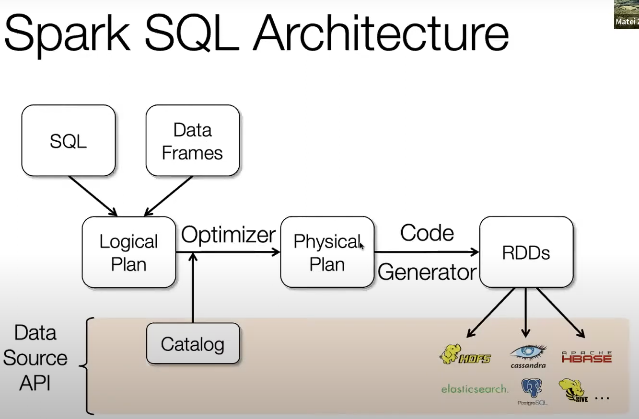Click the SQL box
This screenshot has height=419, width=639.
click(x=69, y=140)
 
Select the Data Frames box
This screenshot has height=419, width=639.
click(x=193, y=140)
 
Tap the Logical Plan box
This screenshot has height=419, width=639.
click(x=128, y=252)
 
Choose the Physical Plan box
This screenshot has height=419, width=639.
click(x=327, y=252)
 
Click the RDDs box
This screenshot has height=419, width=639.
click(x=526, y=252)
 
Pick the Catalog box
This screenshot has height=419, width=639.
click(x=193, y=343)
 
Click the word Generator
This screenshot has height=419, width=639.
click(x=427, y=272)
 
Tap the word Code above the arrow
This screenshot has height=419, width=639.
click(x=427, y=233)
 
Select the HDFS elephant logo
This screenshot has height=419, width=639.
click(x=465, y=354)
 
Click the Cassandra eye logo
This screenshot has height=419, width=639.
click(x=528, y=356)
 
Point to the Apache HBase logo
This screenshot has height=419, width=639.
click(x=587, y=357)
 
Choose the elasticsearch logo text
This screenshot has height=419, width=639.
click(x=475, y=389)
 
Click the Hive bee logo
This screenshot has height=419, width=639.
click(x=573, y=390)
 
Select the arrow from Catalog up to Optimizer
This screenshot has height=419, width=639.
click(x=193, y=288)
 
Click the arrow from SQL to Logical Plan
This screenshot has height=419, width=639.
click(x=93, y=196)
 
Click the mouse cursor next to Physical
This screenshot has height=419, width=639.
click(x=361, y=246)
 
